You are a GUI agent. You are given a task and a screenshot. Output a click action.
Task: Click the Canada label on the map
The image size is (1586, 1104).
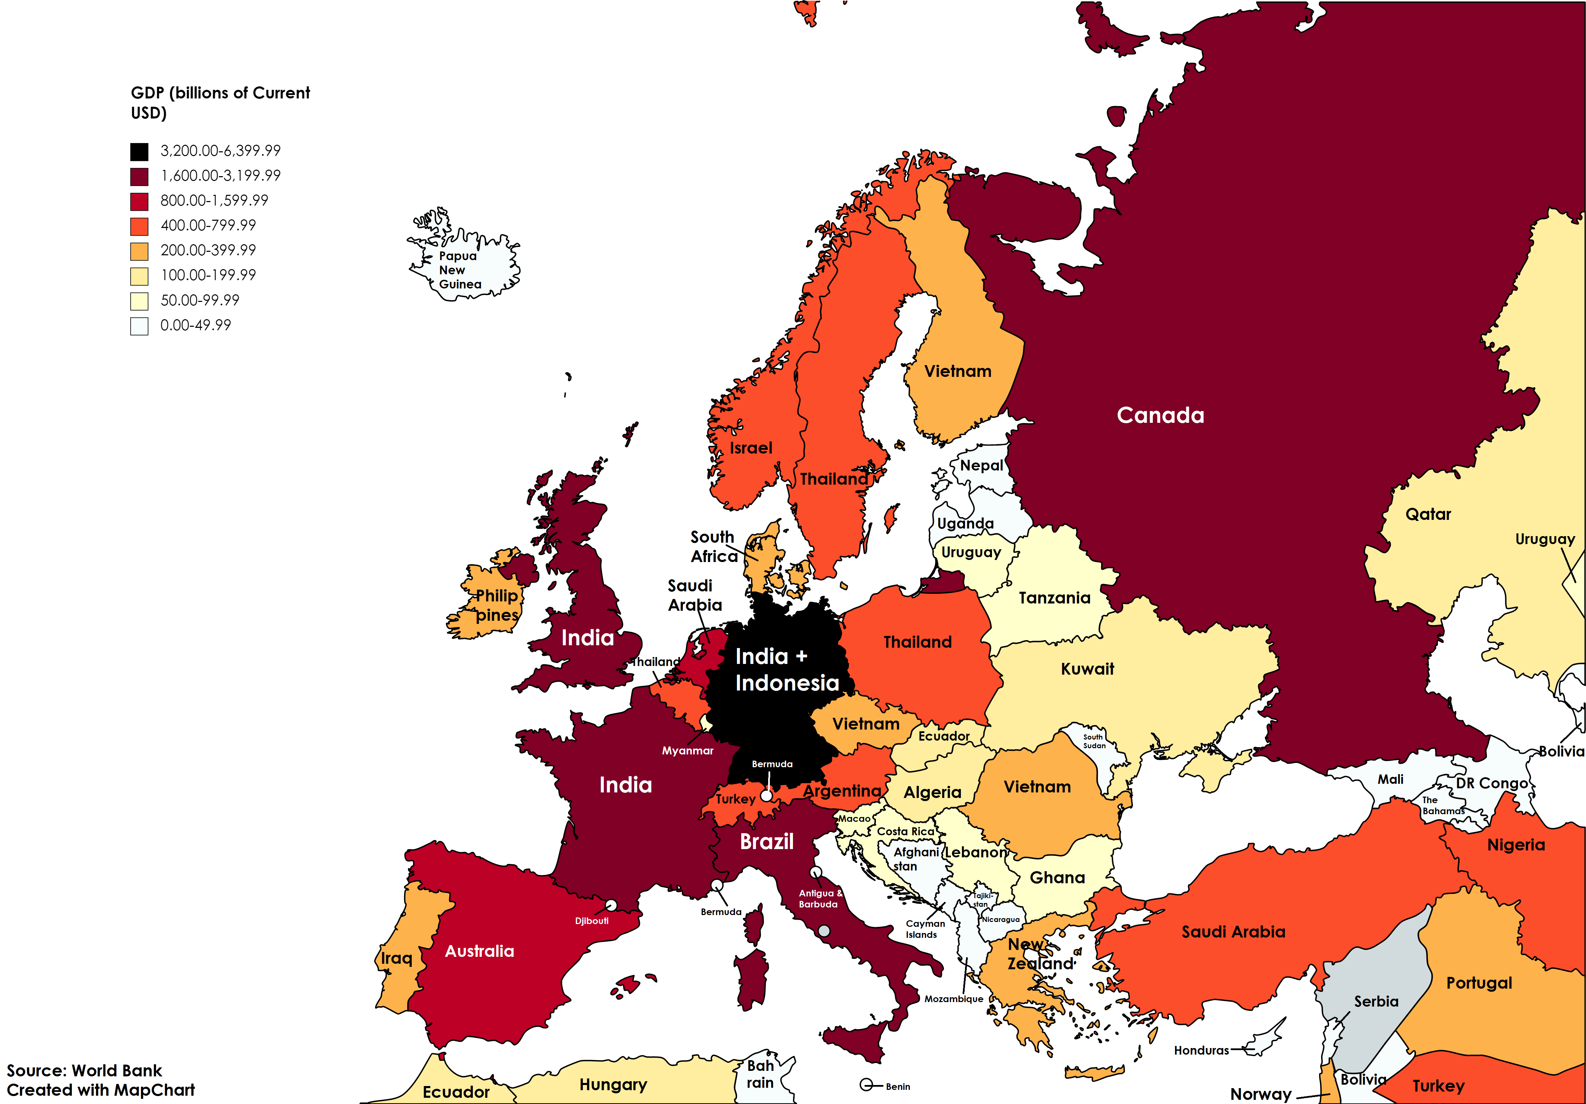click(x=1160, y=415)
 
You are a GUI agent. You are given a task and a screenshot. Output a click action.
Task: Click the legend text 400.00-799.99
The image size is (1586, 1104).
click(x=208, y=225)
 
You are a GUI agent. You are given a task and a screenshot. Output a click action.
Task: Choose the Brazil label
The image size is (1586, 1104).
click(x=767, y=841)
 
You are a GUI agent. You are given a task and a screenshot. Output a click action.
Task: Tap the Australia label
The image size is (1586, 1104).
click(x=479, y=951)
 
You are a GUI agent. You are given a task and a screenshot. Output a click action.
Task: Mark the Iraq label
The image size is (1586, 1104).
click(x=396, y=958)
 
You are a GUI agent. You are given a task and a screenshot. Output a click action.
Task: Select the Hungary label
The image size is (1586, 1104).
click(x=613, y=1085)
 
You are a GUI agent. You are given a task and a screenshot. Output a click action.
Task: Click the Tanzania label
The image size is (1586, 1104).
click(x=1054, y=598)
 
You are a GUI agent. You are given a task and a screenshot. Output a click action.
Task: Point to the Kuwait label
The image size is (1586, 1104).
click(x=1087, y=669)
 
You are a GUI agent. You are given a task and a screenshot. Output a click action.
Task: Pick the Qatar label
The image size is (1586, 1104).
click(x=1428, y=514)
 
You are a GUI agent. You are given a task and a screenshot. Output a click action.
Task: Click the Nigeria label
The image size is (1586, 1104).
click(x=1516, y=845)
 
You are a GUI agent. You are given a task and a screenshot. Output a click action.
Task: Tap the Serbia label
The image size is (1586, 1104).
click(x=1376, y=1001)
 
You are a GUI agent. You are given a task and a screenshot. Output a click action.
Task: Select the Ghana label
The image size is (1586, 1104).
click(x=1057, y=877)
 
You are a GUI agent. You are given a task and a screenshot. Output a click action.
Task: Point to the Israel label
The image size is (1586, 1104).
click(x=751, y=448)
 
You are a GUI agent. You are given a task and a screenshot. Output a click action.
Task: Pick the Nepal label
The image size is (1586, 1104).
click(x=981, y=466)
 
